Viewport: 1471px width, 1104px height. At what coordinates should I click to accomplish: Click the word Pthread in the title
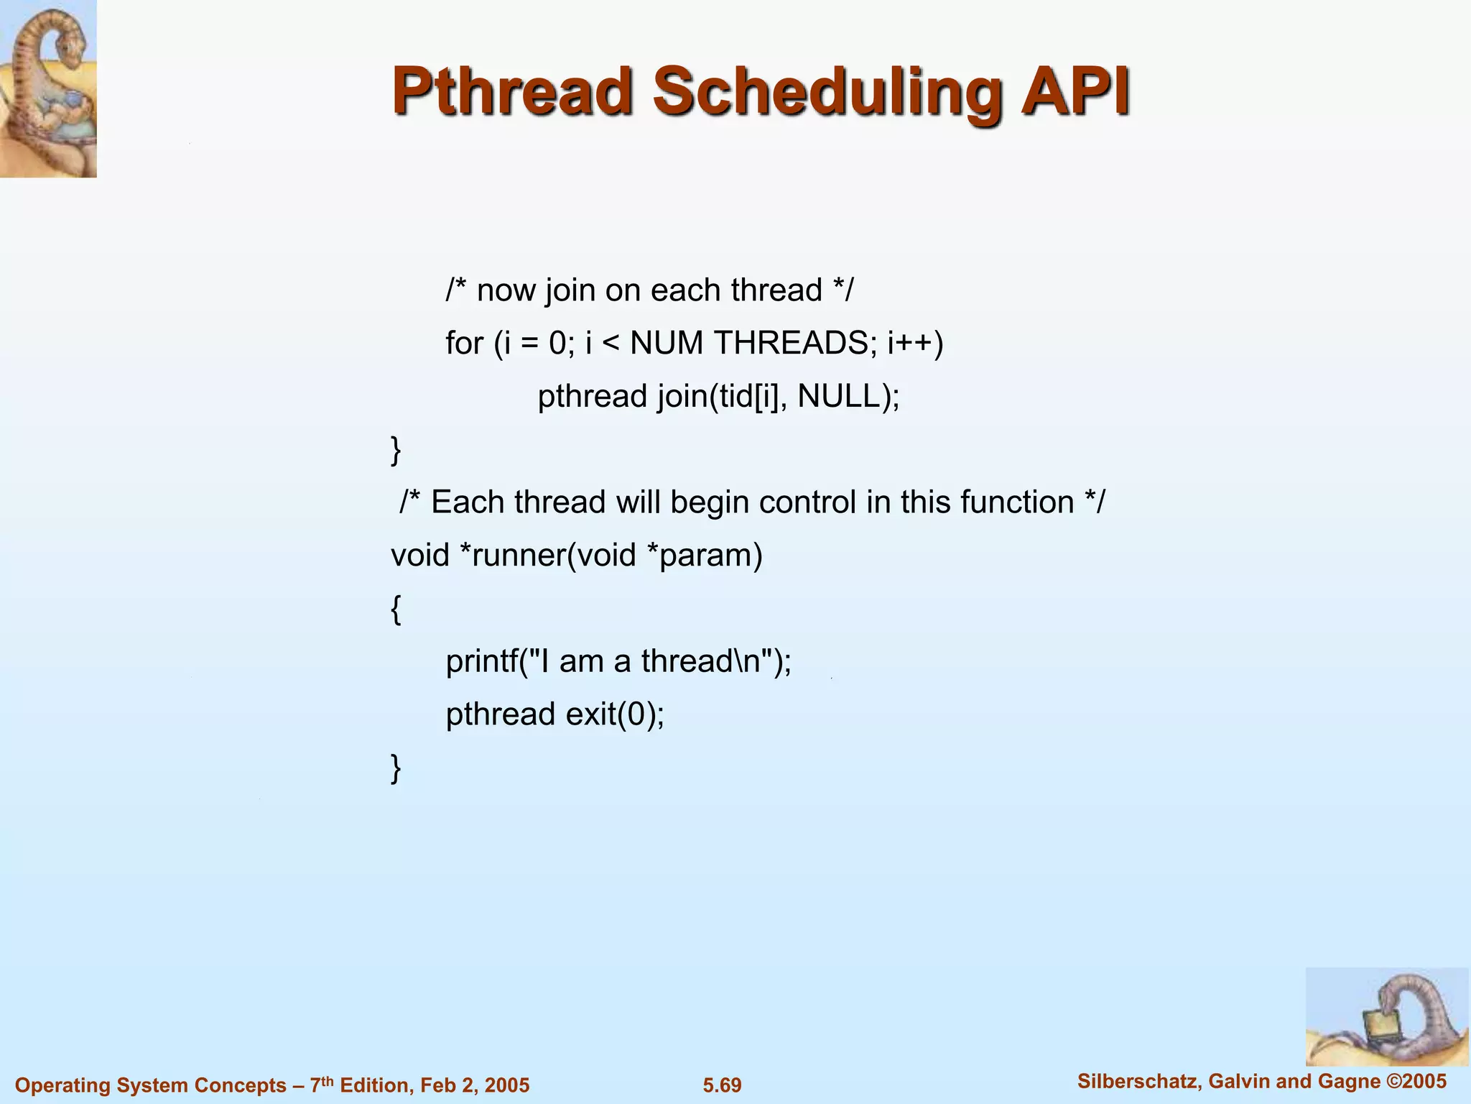pos(512,92)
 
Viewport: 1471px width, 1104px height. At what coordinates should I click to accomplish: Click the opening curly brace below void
pos(396,609)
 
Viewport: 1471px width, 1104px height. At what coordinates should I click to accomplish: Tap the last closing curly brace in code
pos(396,768)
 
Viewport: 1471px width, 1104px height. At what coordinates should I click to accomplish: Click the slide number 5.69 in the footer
pos(722,1085)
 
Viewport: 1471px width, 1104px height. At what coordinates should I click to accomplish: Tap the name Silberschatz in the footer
pos(1137,1081)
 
